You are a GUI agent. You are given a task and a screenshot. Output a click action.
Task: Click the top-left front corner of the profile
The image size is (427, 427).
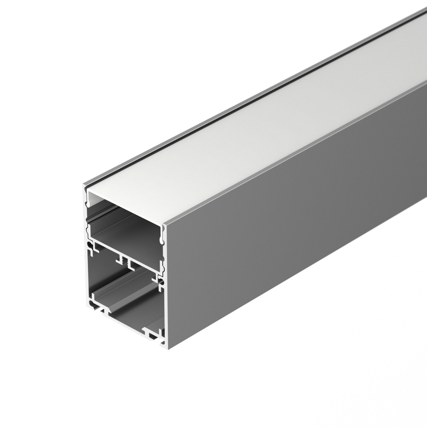84,184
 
